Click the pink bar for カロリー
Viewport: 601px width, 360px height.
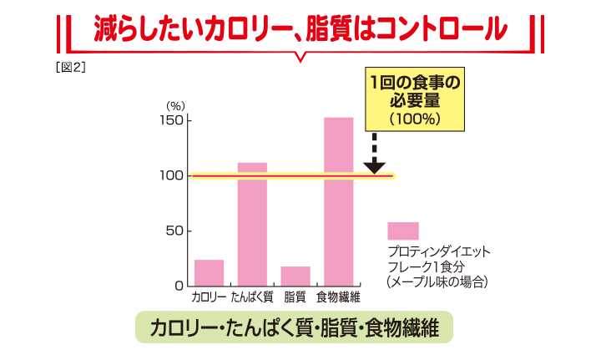[x=209, y=272]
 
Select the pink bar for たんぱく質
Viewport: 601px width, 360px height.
[x=252, y=224]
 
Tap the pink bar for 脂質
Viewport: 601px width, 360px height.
[x=295, y=276]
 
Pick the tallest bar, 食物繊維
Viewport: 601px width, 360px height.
[x=338, y=201]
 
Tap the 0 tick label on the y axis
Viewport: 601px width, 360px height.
[x=178, y=286]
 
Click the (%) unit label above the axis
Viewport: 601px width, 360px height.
[x=174, y=105]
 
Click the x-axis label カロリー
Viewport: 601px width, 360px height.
[x=209, y=297]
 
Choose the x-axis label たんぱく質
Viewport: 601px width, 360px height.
[x=252, y=297]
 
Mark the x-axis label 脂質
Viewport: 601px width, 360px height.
[x=295, y=297]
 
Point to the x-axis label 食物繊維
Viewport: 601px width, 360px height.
[x=338, y=297]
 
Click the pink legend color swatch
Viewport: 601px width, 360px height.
[x=403, y=231]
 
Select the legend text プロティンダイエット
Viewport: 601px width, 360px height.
[x=438, y=251]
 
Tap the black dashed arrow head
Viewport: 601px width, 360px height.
[x=375, y=166]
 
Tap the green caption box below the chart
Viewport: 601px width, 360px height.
[x=294, y=327]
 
